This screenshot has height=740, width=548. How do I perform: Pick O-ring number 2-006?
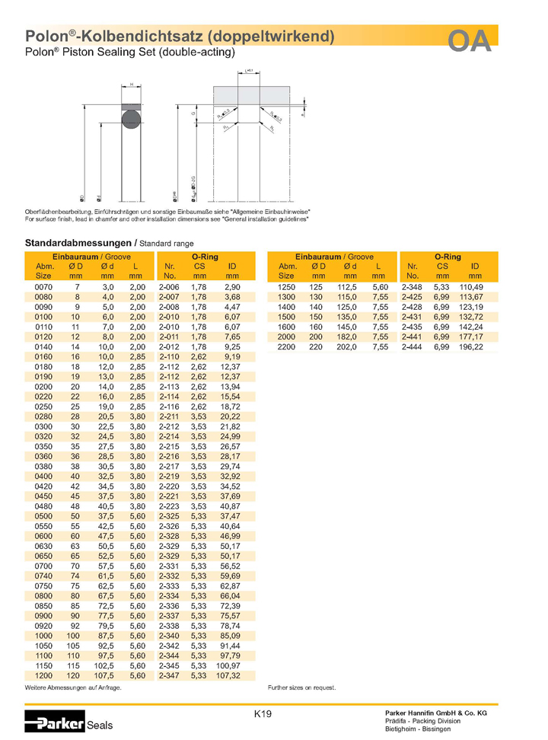pyautogui.click(x=169, y=285)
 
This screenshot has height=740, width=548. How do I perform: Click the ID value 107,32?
pyautogui.click(x=229, y=675)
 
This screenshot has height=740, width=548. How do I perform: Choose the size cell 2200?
pyautogui.click(x=288, y=346)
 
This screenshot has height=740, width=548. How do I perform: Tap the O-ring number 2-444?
pyautogui.click(x=413, y=346)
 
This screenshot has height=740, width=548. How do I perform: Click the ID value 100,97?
pyautogui.click(x=229, y=665)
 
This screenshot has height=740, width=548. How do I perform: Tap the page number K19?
pyautogui.click(x=263, y=714)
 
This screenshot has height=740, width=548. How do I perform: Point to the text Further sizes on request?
pyautogui.click(x=302, y=687)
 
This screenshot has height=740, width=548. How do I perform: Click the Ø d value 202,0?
pyautogui.click(x=348, y=346)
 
